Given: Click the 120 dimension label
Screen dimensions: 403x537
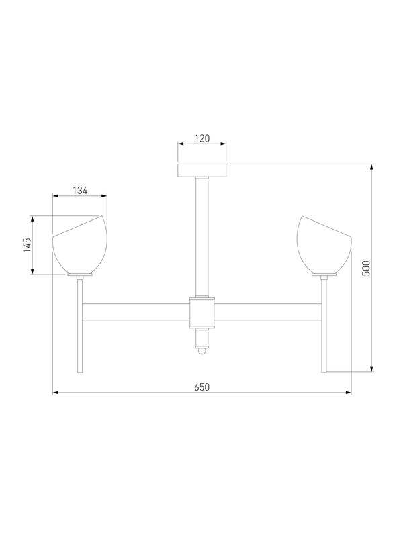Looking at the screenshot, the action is (x=202, y=138).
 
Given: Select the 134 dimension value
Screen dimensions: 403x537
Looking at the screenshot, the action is (x=80, y=191).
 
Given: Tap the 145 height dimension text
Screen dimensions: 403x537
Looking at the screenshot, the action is (x=27, y=245).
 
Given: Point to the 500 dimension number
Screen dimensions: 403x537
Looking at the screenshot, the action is (x=366, y=268).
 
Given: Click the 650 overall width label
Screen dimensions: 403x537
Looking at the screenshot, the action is (x=202, y=387).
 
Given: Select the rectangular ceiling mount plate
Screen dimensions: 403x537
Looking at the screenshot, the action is (x=202, y=170).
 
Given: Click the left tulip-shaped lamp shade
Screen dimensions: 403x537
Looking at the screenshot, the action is (x=80, y=244).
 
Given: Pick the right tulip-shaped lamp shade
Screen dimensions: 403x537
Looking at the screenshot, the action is (x=324, y=244).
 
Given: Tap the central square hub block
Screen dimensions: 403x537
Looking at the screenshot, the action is (x=202, y=312).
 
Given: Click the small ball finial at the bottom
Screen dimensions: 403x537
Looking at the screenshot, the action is (x=202, y=351).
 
